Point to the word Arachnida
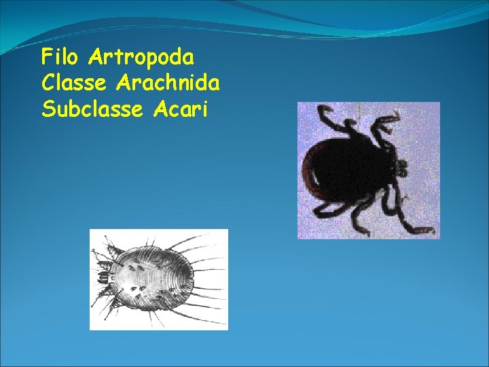[168, 83]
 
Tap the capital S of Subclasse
[47, 109]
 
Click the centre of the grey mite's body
[153, 279]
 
